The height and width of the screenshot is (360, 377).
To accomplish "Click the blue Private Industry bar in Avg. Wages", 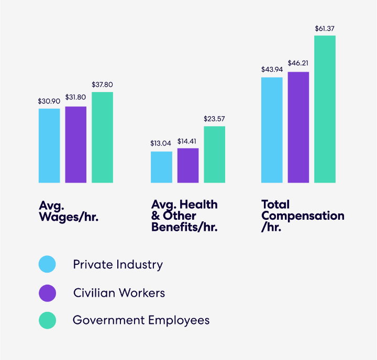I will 49,145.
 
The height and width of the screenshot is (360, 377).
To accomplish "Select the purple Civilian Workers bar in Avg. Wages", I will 76,144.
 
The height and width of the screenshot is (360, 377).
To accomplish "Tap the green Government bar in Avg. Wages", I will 102,137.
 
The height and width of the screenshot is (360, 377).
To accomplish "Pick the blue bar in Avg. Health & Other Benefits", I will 161,167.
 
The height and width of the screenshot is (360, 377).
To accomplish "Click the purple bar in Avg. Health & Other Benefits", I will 188,165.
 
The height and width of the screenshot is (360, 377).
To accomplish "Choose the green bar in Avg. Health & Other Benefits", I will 214,154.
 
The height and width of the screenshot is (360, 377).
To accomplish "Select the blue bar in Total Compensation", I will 272,130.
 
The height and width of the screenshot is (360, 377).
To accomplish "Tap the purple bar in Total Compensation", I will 298,127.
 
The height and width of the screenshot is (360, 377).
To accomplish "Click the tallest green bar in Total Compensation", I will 325,109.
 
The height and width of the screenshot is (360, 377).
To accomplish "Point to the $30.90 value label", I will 49,100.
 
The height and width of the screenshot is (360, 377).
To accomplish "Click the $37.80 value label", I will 102,84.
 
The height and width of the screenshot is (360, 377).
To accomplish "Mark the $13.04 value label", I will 161,143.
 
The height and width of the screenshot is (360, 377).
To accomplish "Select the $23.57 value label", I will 214,118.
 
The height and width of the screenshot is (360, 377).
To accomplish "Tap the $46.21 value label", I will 298,63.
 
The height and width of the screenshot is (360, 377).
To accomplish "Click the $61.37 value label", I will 325,28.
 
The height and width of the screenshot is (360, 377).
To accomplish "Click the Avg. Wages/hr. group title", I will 69,210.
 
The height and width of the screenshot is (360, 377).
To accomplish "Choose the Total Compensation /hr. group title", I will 303,216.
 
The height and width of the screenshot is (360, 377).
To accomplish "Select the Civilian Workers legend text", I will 119,292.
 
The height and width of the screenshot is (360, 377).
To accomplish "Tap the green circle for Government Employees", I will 48,320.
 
